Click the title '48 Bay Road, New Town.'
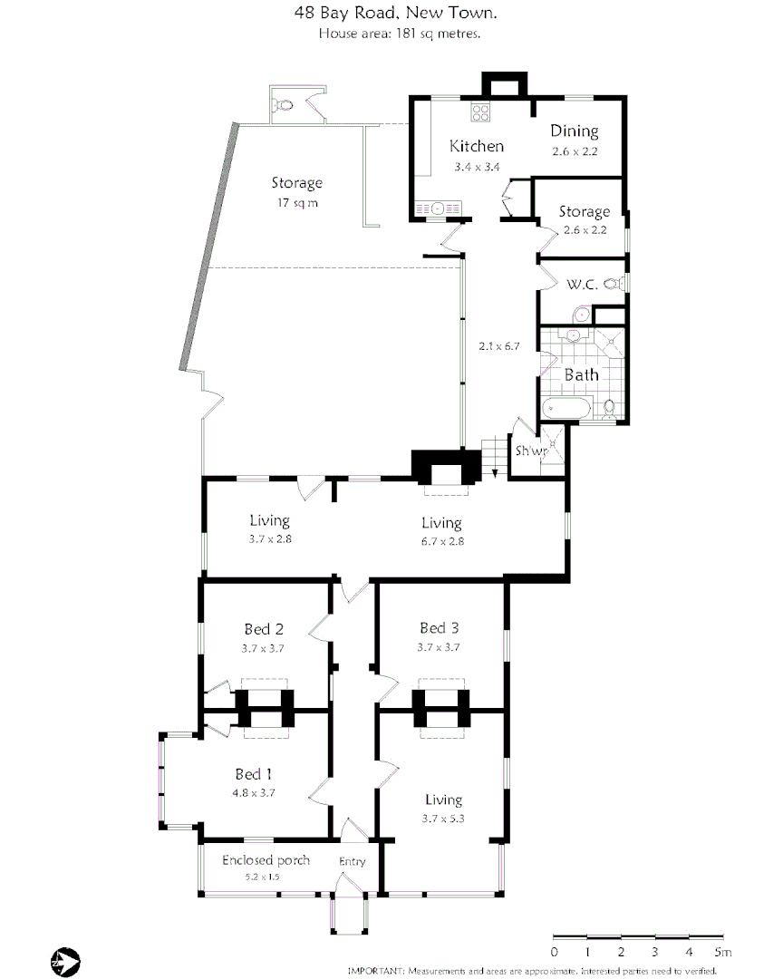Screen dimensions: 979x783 (x=395, y=14)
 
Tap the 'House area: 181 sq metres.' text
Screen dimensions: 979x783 (x=399, y=34)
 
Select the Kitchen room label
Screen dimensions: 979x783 (x=477, y=146)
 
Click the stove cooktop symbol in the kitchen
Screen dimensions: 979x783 (x=480, y=113)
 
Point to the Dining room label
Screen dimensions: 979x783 (x=575, y=131)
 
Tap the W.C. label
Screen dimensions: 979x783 (x=582, y=285)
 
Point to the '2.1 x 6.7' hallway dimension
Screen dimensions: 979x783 (x=498, y=346)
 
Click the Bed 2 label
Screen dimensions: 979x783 (x=265, y=629)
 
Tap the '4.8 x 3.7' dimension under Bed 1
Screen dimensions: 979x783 (x=254, y=791)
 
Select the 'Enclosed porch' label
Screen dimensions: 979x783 (x=266, y=860)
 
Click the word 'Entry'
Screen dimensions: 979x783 (x=352, y=861)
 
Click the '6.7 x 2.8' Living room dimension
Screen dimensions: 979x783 (x=441, y=541)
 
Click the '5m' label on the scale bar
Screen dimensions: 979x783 (x=722, y=952)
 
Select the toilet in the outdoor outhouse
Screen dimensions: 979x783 (x=286, y=105)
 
